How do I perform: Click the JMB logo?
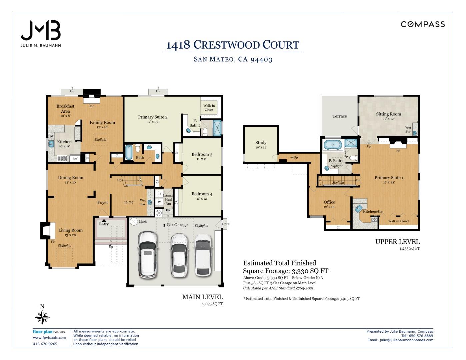tap(41, 31)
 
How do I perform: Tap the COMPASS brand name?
tap(423, 24)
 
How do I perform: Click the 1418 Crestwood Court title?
tap(233, 45)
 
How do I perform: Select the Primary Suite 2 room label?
tap(153, 117)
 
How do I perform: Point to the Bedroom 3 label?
tap(202, 154)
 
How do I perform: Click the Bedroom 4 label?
tap(202, 194)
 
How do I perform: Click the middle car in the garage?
tap(179, 255)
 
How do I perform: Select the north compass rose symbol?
tap(42, 317)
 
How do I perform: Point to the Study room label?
tap(261, 143)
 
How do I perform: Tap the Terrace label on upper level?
tap(339, 116)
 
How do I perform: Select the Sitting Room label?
tap(388, 114)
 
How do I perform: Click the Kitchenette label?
tap(373, 212)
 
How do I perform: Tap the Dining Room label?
tap(71, 178)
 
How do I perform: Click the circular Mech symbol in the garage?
tap(134, 221)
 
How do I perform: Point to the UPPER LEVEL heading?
tap(397, 242)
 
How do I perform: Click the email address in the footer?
tap(406, 340)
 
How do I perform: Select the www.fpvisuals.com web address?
tap(49, 338)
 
